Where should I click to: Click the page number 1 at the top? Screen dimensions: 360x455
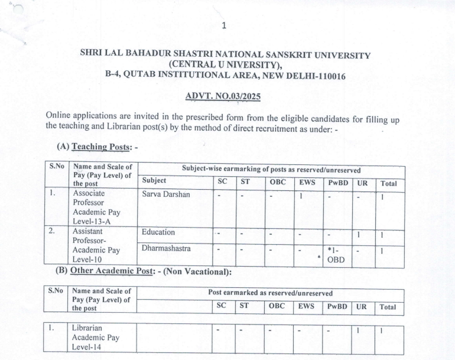tap(223, 25)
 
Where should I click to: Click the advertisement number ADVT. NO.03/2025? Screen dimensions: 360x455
tap(222, 95)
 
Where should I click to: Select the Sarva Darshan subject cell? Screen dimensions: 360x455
tap(165, 194)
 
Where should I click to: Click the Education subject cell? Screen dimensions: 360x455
tap(158, 232)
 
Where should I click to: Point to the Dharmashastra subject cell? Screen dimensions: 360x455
tap(166, 249)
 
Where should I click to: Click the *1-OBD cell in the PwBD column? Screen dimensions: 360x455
tap(337, 254)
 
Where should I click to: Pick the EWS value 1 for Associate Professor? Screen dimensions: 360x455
tap(301, 194)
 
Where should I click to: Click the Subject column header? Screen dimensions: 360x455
tap(154, 181)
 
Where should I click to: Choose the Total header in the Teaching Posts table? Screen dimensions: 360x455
tap(388, 183)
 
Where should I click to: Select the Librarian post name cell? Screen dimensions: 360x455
tap(88, 337)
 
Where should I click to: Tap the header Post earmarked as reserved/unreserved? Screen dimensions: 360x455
tap(270, 293)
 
